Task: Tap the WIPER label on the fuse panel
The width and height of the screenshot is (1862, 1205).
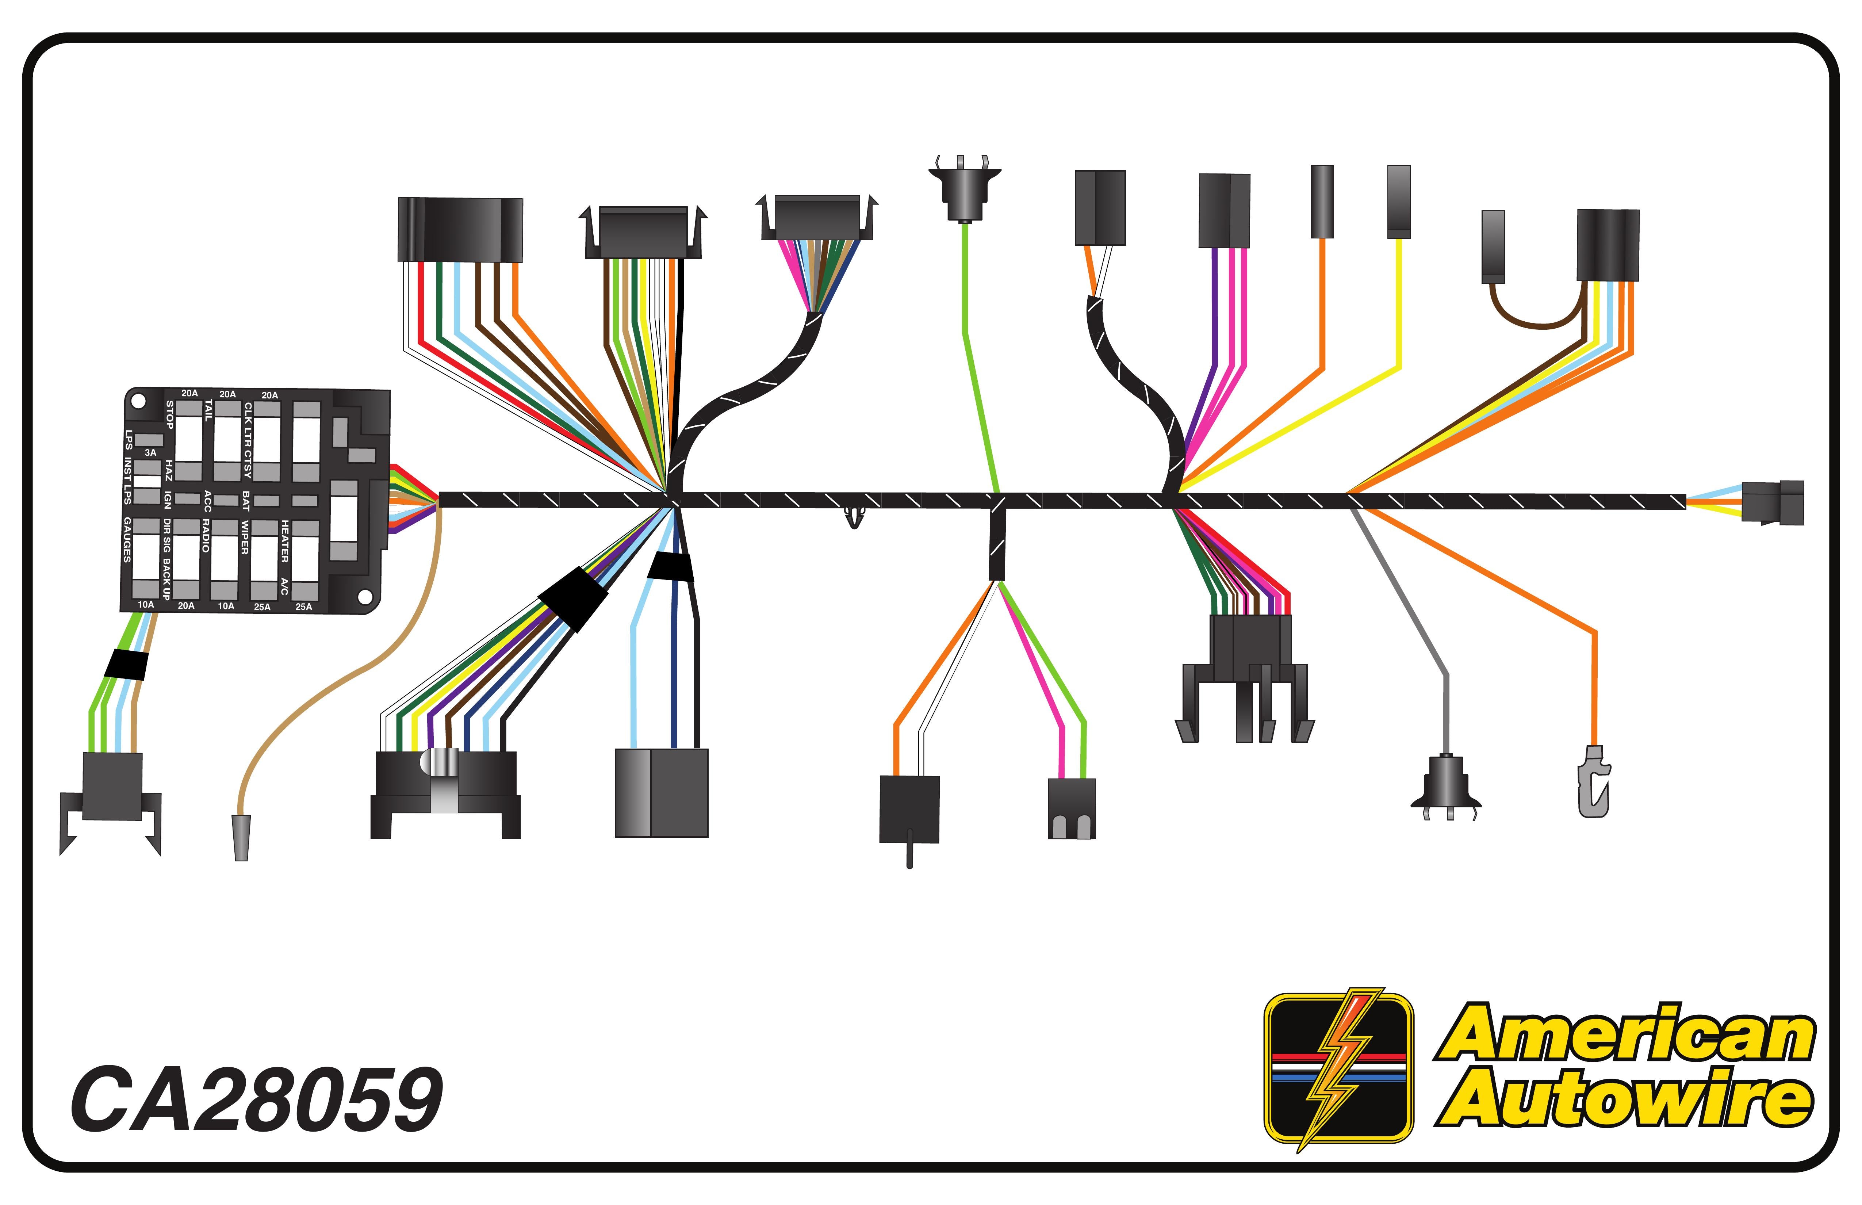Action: click(x=244, y=538)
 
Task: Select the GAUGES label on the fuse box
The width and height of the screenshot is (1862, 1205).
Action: click(x=127, y=540)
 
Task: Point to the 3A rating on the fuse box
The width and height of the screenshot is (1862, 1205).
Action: click(x=150, y=452)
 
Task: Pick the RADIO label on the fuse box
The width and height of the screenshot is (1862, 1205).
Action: click(x=206, y=535)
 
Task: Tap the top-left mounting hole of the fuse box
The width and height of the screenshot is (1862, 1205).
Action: click(x=138, y=401)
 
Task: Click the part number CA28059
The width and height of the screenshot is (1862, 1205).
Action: click(x=257, y=1099)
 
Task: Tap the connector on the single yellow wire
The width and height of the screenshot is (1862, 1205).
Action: click(x=1399, y=201)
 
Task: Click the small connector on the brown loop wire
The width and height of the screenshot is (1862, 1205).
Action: click(x=1493, y=246)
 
